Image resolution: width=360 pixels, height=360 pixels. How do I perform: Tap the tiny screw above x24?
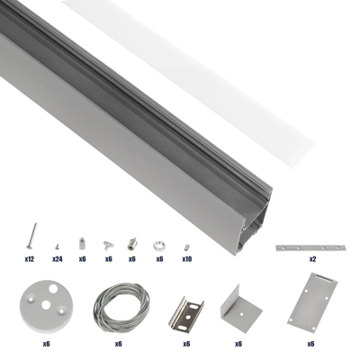coord(56,245)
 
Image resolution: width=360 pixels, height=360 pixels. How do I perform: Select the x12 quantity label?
coord(29,258)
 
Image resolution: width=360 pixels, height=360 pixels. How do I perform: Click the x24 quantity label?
coord(56,258)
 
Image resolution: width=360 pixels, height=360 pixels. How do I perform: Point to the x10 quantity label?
coord(186,258)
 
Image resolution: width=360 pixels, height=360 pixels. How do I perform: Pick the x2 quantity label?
coord(312,258)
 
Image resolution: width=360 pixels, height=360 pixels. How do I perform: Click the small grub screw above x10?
coord(185,245)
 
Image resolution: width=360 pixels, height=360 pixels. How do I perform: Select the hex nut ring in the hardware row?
coord(159,244)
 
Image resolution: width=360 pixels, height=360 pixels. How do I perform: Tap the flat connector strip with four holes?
coord(311,244)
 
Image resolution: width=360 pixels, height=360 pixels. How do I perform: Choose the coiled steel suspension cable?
coord(118,305)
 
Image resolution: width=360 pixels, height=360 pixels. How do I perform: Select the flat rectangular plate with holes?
coord(310,306)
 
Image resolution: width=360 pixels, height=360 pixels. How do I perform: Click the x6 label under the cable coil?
coord(118,343)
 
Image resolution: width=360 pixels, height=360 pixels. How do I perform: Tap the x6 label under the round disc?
coord(44,343)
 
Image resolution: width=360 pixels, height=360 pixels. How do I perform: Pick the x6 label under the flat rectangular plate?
coord(310,343)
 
